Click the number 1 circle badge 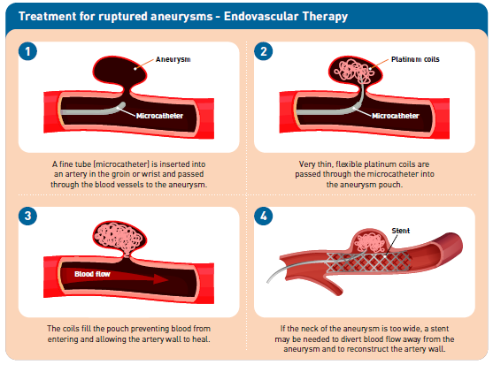click(27, 51)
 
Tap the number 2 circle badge click(264, 51)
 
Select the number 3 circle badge click(27, 216)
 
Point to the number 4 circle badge click(264, 216)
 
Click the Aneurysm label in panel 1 click(173, 59)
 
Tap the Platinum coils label click(415, 59)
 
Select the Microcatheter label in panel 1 click(159, 116)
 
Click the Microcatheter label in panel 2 click(396, 116)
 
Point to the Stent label click(401, 231)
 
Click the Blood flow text click(92, 274)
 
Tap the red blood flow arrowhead click(160, 278)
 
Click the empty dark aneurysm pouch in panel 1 click(119, 71)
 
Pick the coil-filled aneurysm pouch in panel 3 click(119, 237)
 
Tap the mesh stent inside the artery click(368, 262)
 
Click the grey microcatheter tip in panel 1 click(122, 105)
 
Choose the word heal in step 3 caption click(202, 339)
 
